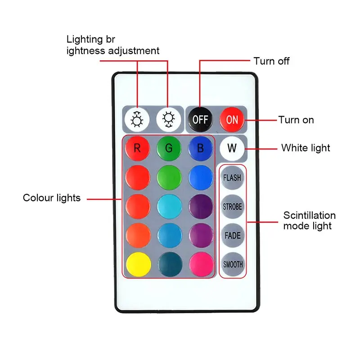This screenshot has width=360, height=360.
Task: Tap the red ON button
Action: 232,120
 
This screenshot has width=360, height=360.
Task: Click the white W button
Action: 232,148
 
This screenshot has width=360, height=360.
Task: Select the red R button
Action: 137,148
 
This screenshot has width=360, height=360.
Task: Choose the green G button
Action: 169,148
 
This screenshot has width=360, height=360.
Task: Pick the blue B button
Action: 200,148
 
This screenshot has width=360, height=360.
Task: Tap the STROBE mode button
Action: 232,207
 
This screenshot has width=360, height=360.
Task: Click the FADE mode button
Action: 232,235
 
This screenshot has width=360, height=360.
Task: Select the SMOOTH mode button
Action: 232,264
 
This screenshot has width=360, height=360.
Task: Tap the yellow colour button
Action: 137,264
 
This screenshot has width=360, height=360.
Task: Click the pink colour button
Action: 200,264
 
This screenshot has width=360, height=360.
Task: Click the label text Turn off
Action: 271,61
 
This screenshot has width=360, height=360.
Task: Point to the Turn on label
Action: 296,120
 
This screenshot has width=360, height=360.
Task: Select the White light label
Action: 306,148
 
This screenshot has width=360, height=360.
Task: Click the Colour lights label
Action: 52,198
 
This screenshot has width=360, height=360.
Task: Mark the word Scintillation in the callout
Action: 310,215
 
